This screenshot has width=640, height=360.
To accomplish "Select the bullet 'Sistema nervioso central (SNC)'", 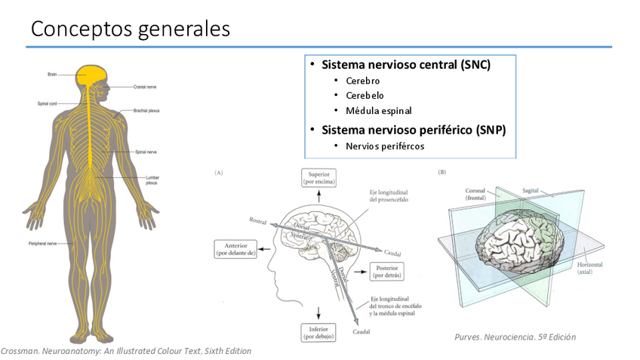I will tap(406, 65).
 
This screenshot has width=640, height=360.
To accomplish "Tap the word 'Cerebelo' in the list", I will tap(365, 96).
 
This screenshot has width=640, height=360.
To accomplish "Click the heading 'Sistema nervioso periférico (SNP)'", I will tap(414, 130).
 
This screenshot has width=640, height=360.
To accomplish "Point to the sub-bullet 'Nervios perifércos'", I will tap(385, 146).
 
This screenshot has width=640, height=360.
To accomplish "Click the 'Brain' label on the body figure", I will tap(52, 74).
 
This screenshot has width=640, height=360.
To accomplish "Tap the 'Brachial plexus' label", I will tap(146, 110).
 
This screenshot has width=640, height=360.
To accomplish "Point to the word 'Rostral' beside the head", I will tap(259, 220).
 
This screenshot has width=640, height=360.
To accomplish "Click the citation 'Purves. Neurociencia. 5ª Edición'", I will tap(510, 337).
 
